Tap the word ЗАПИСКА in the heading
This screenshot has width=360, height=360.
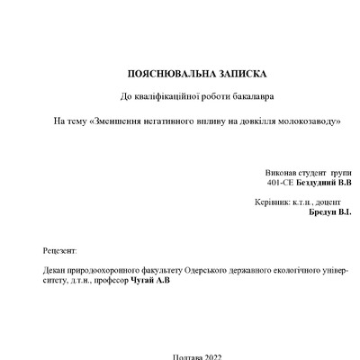coord(225,72)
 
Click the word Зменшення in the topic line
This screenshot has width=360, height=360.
coord(110,121)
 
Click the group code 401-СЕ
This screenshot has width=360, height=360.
coord(282,182)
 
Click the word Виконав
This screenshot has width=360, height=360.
coord(279,171)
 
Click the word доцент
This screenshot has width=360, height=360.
coord(322,202)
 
